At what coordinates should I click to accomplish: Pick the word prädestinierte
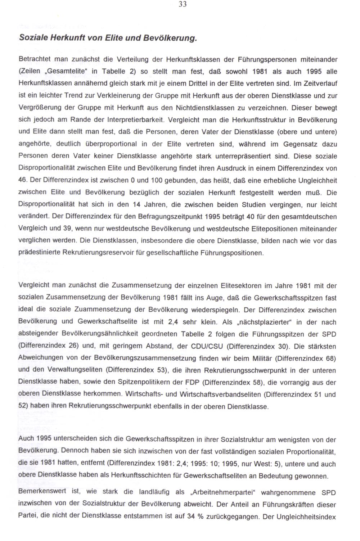(40, 253)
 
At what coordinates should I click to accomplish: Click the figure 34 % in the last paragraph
(196, 517)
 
